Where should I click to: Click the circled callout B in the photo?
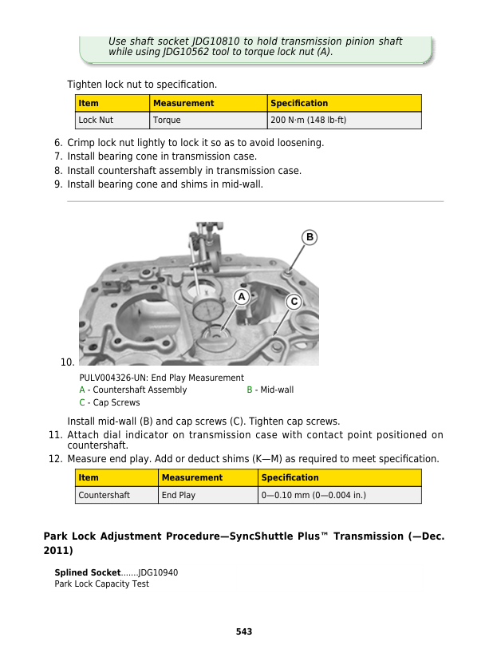(x=309, y=237)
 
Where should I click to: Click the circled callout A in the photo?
(x=240, y=296)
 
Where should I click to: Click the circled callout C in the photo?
(x=294, y=302)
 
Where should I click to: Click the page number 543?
(x=244, y=631)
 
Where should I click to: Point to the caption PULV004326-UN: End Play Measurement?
(x=161, y=378)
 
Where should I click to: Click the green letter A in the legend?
(x=82, y=390)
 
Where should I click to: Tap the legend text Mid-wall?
(x=276, y=390)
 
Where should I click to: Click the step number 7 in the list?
(x=58, y=156)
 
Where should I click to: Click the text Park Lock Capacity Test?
(x=101, y=584)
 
